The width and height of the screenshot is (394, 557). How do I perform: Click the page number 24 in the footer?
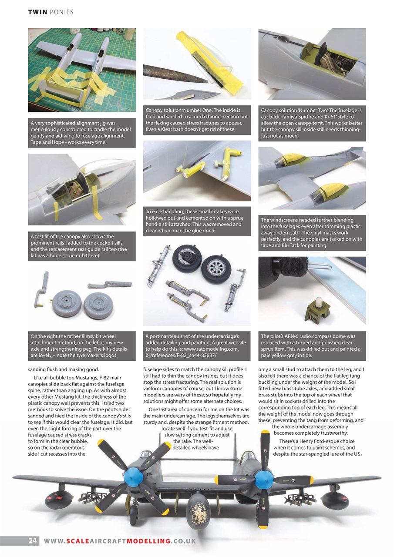point(32,541)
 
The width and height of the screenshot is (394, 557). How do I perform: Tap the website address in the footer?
point(120,541)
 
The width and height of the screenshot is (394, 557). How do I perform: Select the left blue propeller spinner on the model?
point(133,476)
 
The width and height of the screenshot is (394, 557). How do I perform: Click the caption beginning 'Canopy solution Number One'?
point(197,120)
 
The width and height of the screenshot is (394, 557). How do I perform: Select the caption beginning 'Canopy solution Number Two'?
point(312,123)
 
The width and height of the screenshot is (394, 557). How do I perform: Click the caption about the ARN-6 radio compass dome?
point(312,346)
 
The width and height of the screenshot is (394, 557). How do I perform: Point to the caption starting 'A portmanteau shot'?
point(197,346)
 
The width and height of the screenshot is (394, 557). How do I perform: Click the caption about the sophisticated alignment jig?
point(82,133)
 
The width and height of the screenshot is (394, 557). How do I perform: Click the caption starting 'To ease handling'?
point(197,221)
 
